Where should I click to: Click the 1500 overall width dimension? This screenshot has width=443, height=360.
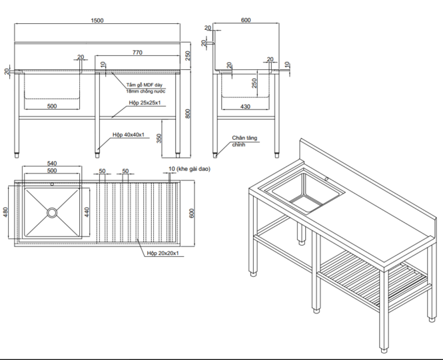pyautogui.click(x=97, y=21)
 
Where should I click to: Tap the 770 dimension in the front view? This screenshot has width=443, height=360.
pyautogui.click(x=137, y=52)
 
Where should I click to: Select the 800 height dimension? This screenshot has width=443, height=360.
pyautogui.click(x=189, y=112)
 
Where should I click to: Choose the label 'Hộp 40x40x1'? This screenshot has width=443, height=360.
pyautogui.click(x=127, y=134)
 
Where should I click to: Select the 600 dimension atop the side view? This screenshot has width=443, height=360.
pyautogui.click(x=246, y=21)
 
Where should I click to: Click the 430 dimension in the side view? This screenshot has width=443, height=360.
pyautogui.click(x=246, y=106)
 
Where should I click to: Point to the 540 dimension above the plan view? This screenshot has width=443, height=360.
pyautogui.click(x=51, y=163)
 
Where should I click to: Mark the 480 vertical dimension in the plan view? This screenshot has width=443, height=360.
pyautogui.click(x=6, y=212)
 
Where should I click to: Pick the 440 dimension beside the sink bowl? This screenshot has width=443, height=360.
pyautogui.click(x=87, y=212)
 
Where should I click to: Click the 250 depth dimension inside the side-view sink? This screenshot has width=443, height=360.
pyautogui.click(x=254, y=83)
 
